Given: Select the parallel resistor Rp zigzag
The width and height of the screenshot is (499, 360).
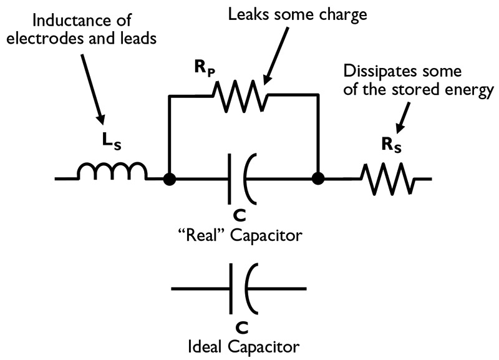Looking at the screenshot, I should (x=240, y=95).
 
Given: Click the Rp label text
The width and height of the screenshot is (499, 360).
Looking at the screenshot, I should (x=205, y=69).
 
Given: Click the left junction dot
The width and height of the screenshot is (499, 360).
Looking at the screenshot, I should (x=168, y=179).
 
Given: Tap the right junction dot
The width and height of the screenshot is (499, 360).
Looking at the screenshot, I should (x=319, y=179).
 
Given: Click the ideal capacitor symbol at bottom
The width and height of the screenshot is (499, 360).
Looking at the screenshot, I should (x=241, y=288).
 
